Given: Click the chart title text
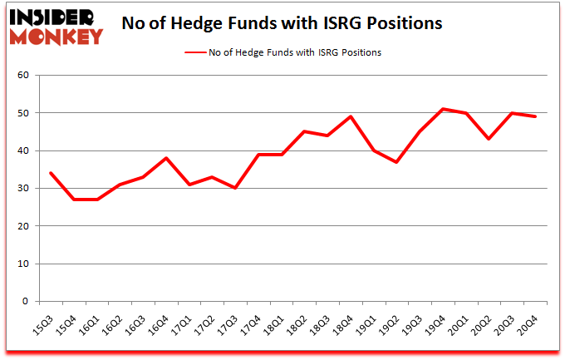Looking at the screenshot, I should tap(282, 23).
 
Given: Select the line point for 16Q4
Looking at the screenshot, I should tap(166, 158).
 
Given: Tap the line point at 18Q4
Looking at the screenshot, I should tap(351, 116).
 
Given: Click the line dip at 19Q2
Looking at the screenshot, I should tap(398, 162).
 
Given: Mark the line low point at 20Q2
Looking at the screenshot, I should tap(490, 139).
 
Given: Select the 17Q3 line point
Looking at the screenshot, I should tap(235, 188).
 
